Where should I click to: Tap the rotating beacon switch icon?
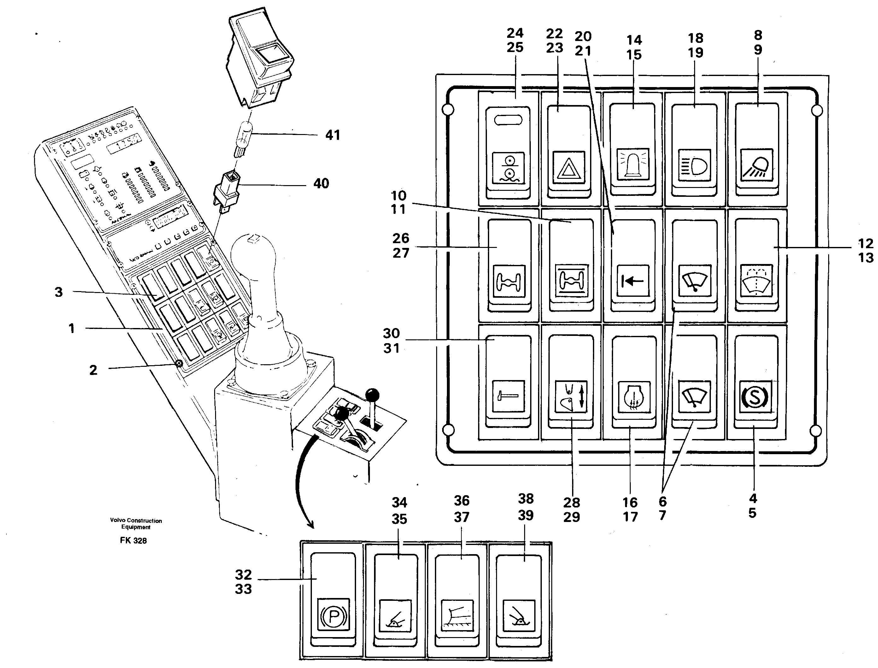pos(632,164)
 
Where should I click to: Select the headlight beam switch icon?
pos(694,165)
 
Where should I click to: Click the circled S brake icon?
pos(754,397)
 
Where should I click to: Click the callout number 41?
pos(333,135)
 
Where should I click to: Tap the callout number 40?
pos(321,184)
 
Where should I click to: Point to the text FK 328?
pos(133,541)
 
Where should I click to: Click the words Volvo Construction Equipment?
pos(136,524)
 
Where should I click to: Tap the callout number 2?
pos(93,370)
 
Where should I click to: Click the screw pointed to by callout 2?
pos(179,363)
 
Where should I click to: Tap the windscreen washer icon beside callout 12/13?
pos(757,281)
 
